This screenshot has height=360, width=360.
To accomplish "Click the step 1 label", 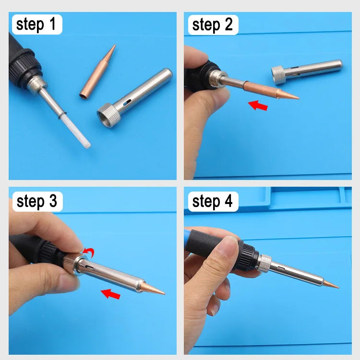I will tap(36, 24).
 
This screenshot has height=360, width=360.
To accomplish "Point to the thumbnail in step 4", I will tap(231, 248).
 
